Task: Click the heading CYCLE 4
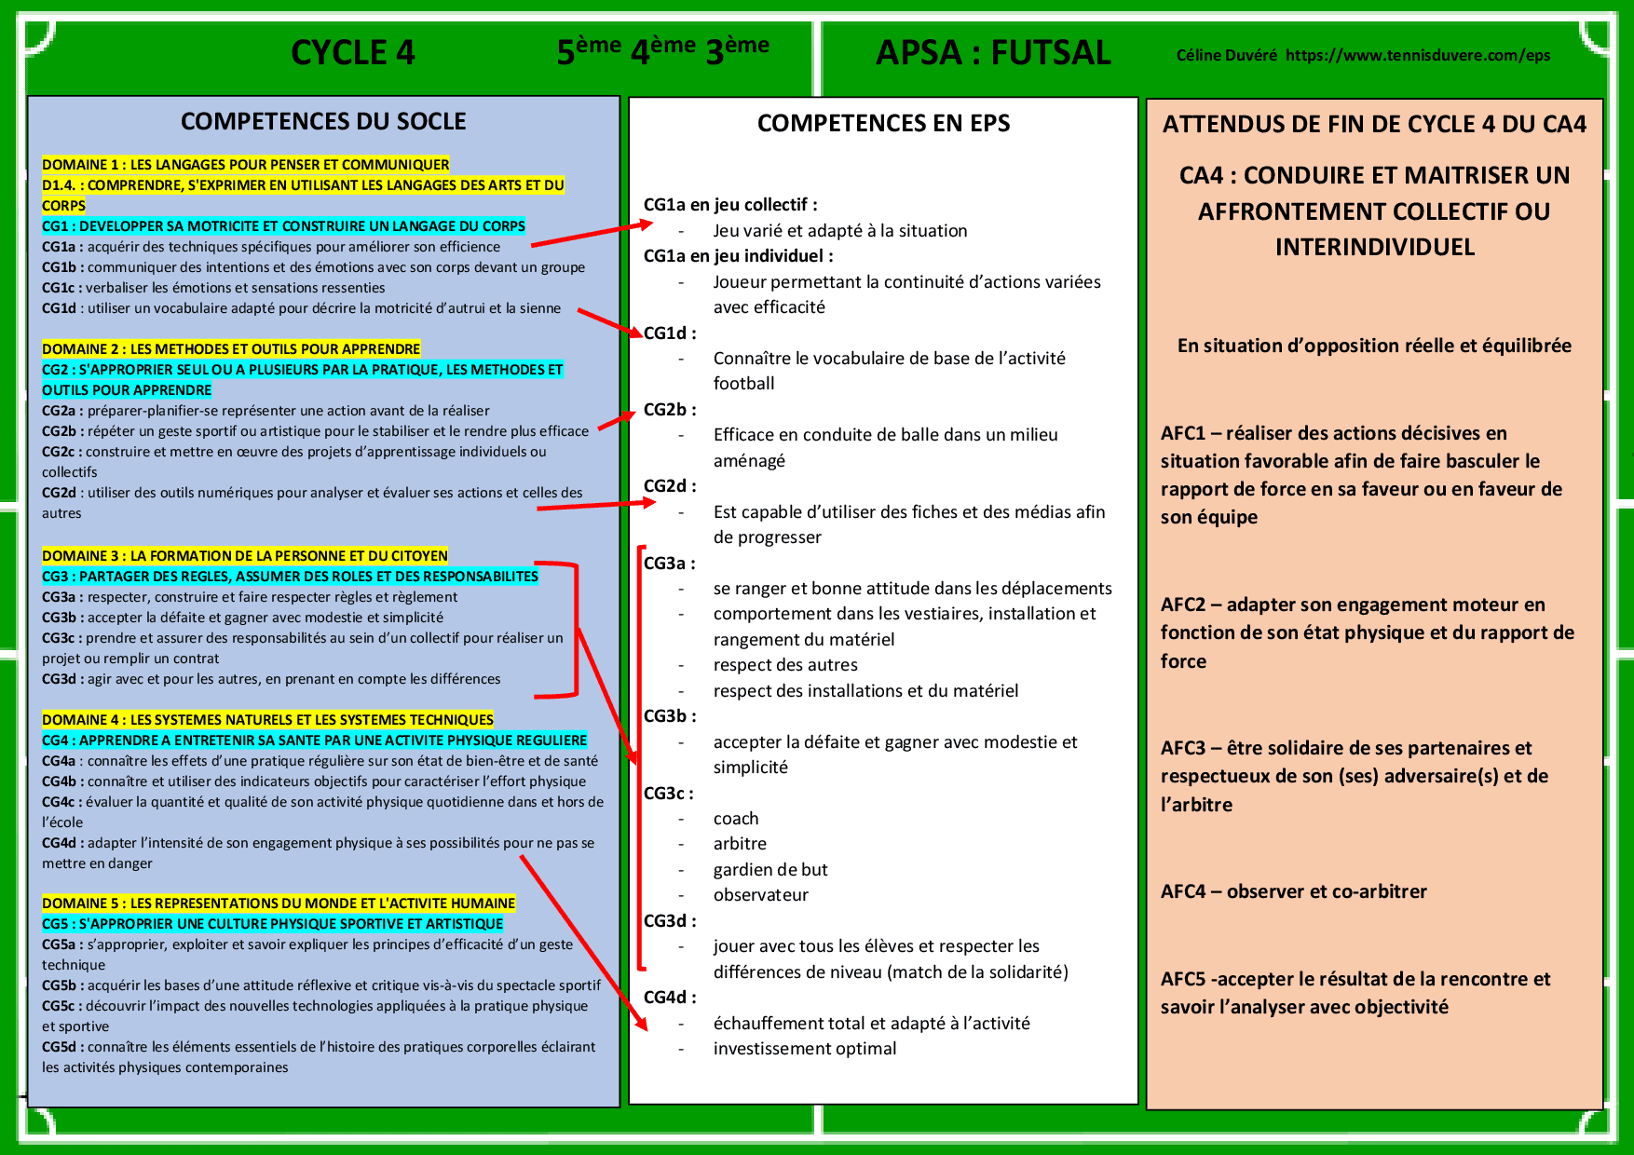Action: [x=352, y=53]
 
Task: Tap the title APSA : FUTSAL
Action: [x=993, y=53]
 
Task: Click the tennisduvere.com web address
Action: [x=1418, y=56]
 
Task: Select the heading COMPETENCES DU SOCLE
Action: [x=323, y=122]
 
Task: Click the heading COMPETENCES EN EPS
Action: [x=883, y=124]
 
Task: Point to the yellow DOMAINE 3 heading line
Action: [x=245, y=556]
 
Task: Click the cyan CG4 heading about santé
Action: [x=314, y=741]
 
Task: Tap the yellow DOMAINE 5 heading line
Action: [x=279, y=904]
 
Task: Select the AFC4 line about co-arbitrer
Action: [x=1293, y=891]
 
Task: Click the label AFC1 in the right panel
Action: [x=1183, y=433]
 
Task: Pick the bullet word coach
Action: [x=736, y=819]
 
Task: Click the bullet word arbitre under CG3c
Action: [x=740, y=844]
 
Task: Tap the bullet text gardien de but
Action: [x=770, y=870]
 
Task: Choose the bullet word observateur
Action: [x=761, y=895]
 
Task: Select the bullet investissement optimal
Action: [x=805, y=1049]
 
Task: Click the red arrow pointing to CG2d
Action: [x=596, y=505]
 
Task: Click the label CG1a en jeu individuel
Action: [x=738, y=256]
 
